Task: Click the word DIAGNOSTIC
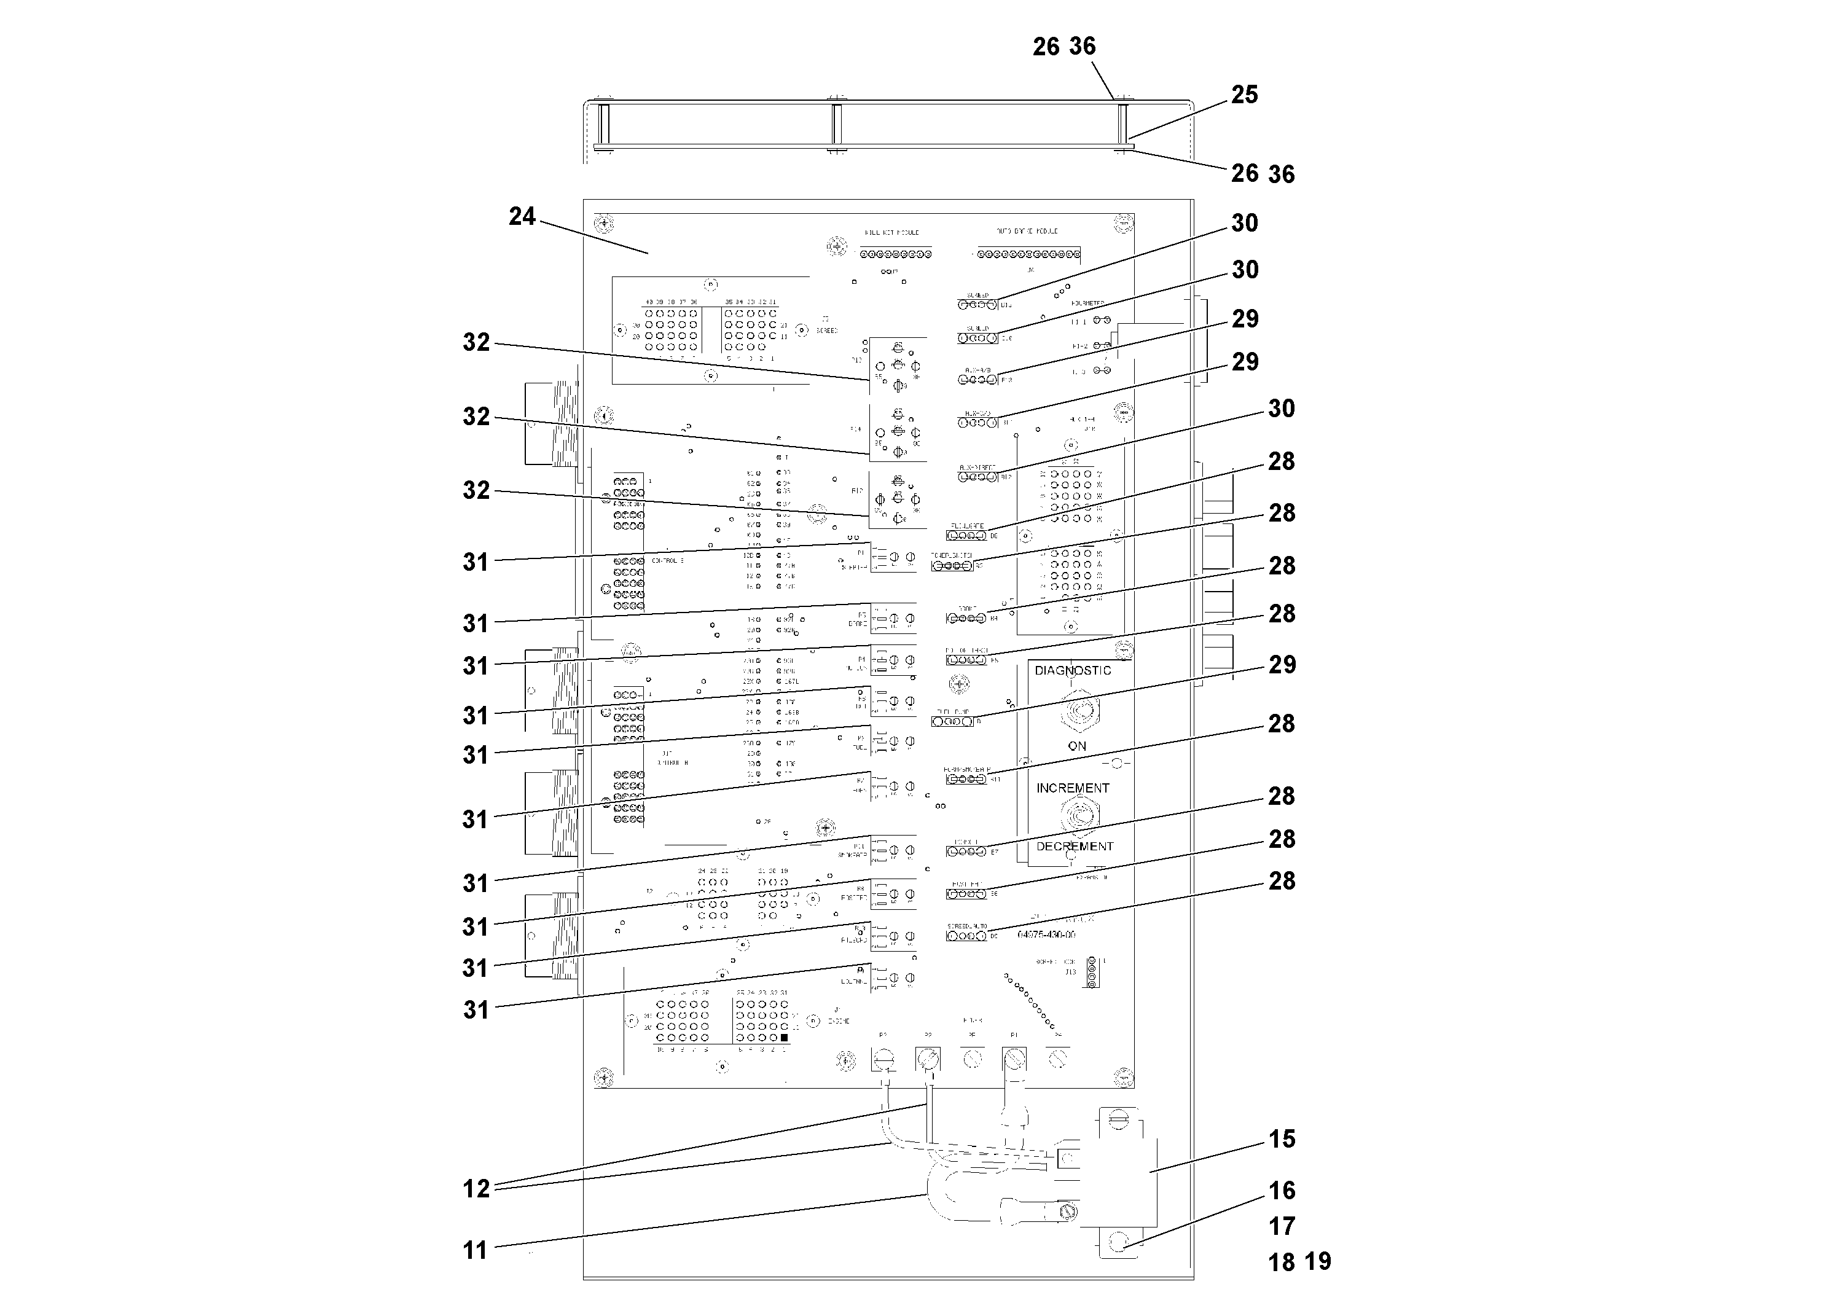click(1072, 671)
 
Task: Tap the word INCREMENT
click(1072, 788)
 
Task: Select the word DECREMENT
click(1075, 846)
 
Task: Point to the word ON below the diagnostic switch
click(1077, 746)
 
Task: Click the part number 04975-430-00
click(1046, 934)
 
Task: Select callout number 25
click(1244, 95)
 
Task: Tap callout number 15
click(1282, 1138)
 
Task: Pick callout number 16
click(1282, 1190)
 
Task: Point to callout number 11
click(475, 1250)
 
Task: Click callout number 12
click(476, 1188)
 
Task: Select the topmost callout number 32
click(476, 343)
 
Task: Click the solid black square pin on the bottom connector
click(784, 1038)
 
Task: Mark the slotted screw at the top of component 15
click(1119, 1122)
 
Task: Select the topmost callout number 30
click(1244, 223)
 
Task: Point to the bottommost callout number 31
click(476, 1009)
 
